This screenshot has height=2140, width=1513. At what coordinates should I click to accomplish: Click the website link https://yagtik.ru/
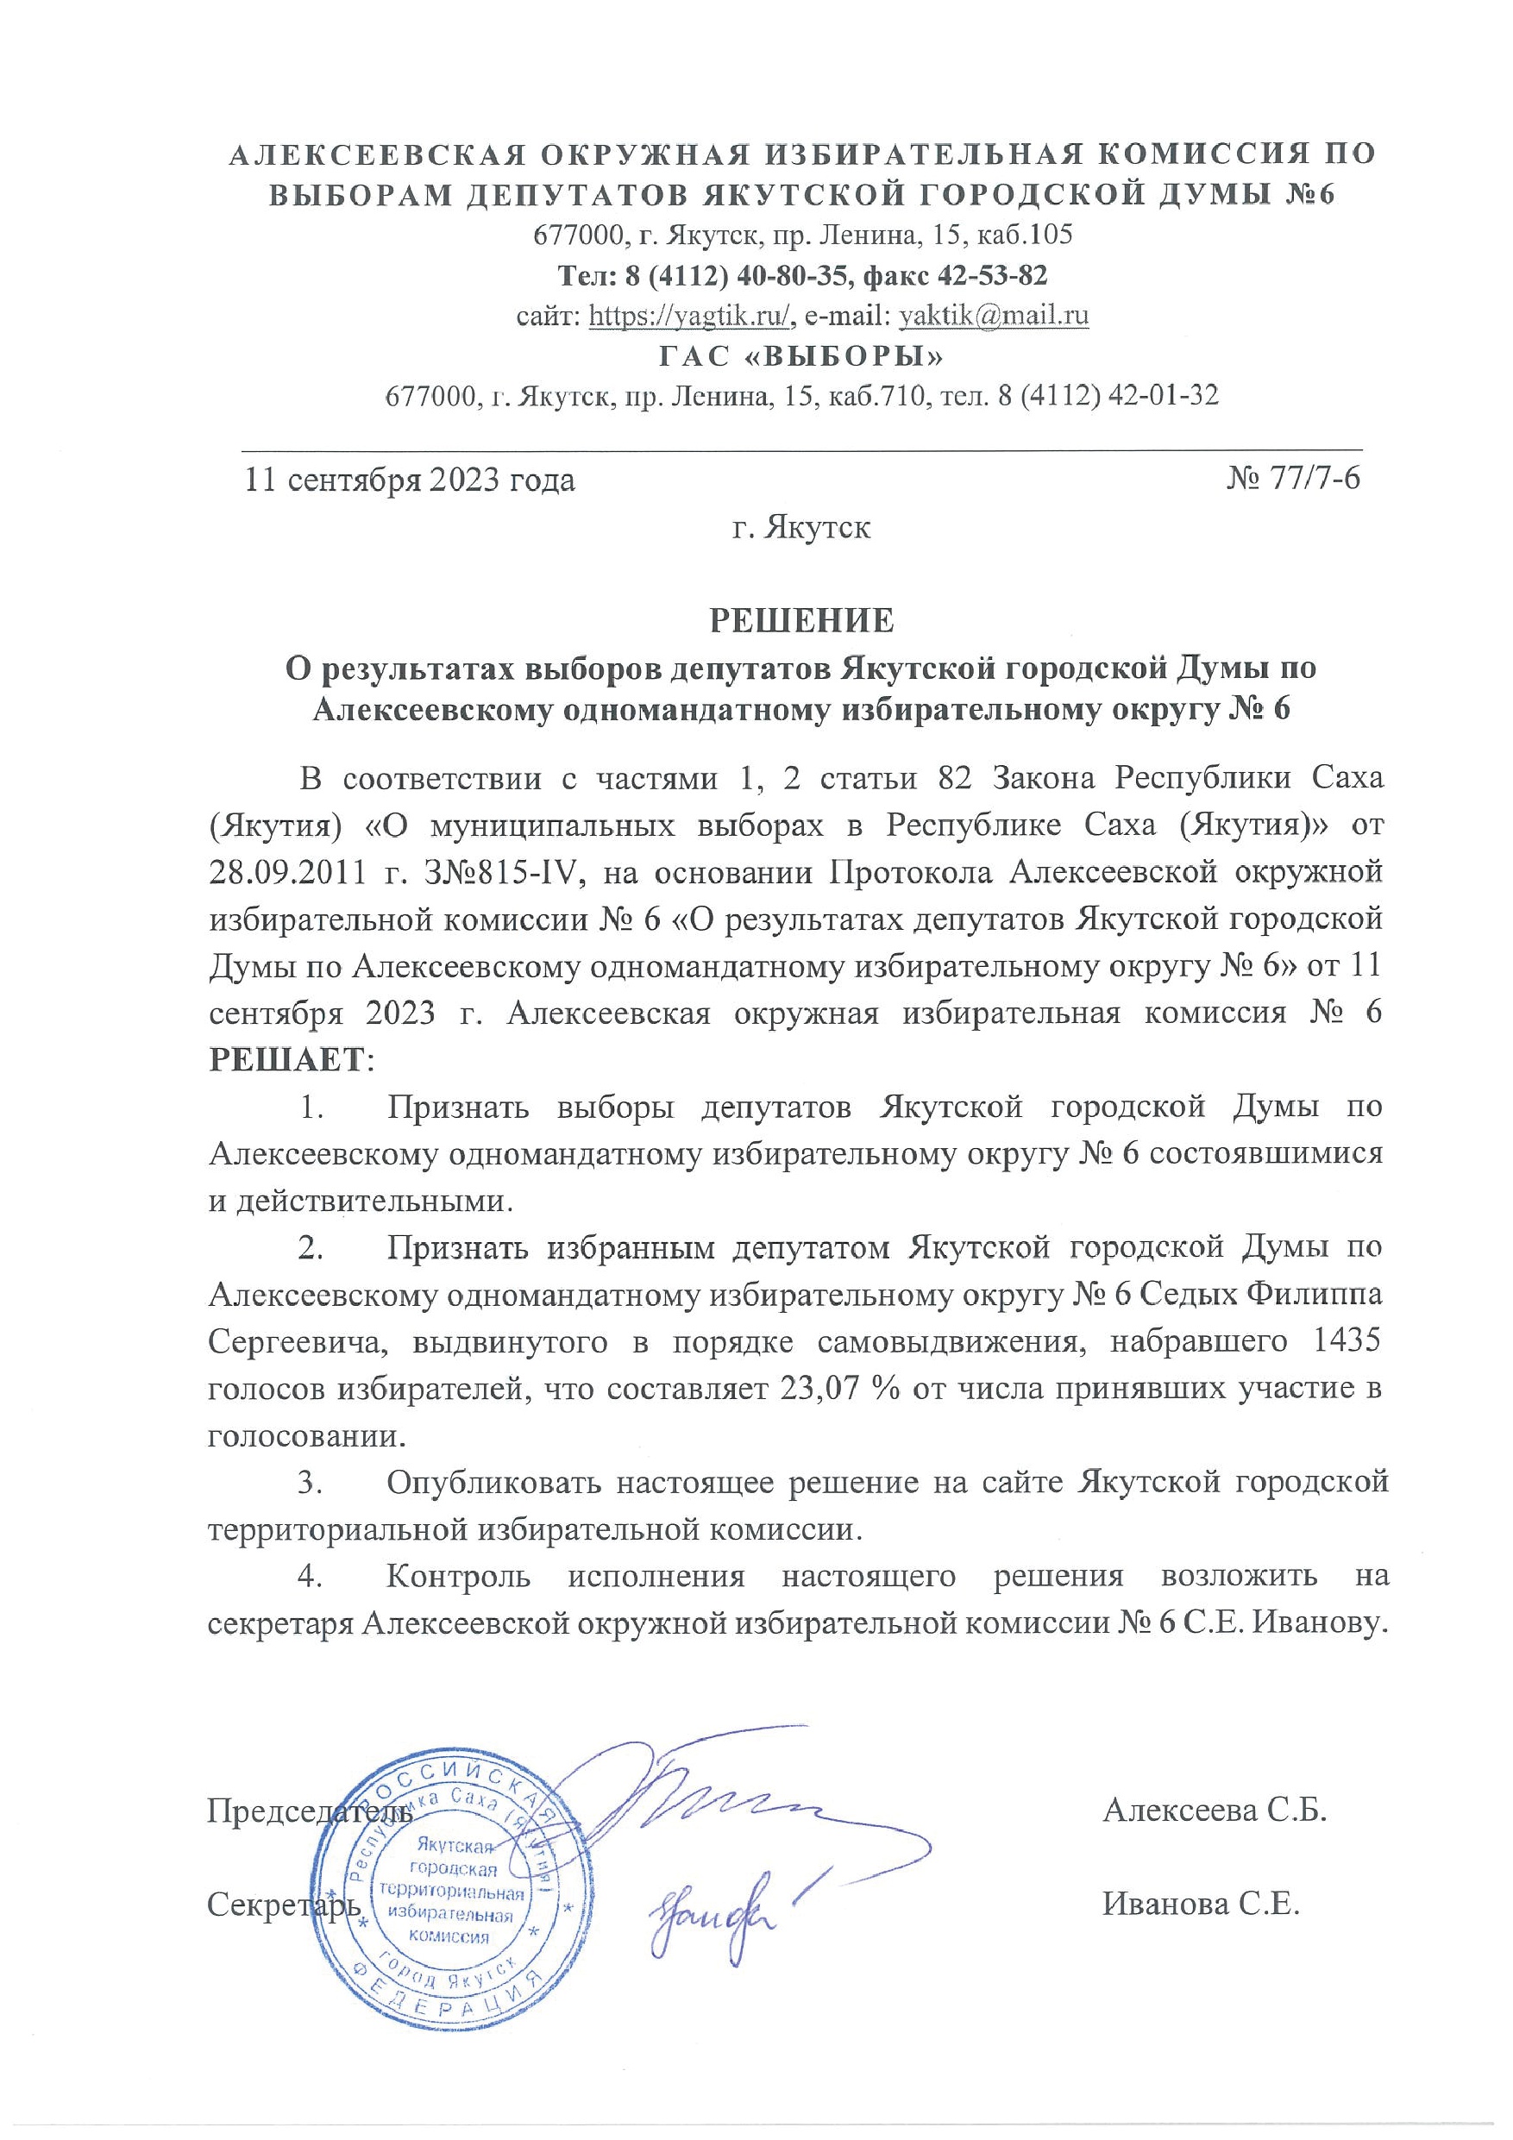(691, 316)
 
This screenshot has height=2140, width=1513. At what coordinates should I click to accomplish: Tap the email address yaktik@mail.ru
(993, 316)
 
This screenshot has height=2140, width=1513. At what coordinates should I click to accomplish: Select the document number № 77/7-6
(1293, 478)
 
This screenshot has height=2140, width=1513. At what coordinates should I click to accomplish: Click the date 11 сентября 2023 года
(409, 480)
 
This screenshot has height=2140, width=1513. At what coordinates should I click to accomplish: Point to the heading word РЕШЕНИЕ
(801, 621)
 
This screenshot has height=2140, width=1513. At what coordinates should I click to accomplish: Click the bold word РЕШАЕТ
(287, 1060)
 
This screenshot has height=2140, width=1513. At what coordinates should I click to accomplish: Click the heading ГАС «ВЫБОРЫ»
(801, 356)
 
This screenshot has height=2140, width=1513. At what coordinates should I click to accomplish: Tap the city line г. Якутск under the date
(801, 529)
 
